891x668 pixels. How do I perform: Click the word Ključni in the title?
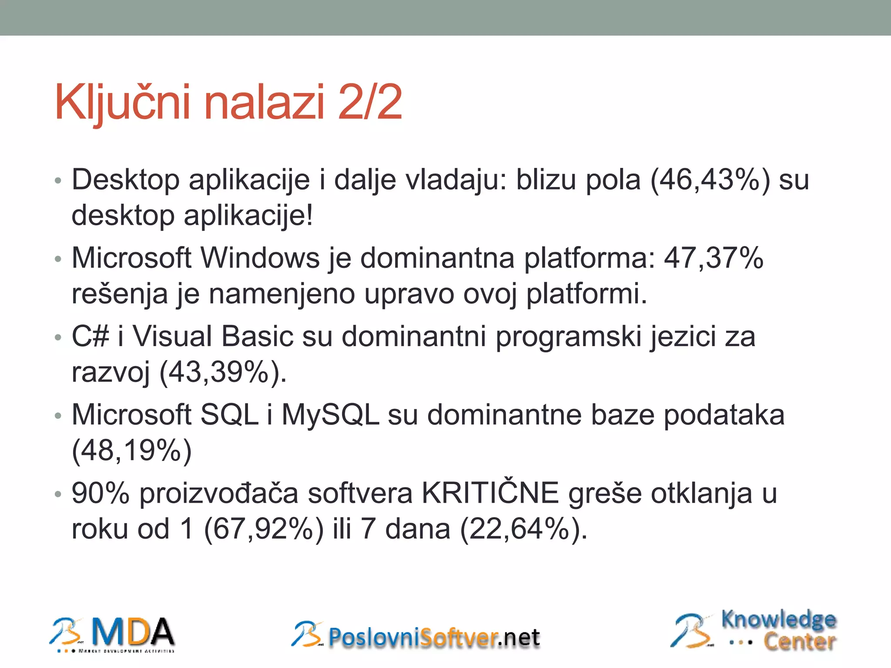(x=122, y=103)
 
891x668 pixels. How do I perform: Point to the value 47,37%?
(x=713, y=258)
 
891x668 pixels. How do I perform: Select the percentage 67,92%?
(x=264, y=529)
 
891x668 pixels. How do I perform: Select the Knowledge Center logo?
(x=754, y=631)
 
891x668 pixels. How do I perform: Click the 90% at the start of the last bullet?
(x=100, y=493)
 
